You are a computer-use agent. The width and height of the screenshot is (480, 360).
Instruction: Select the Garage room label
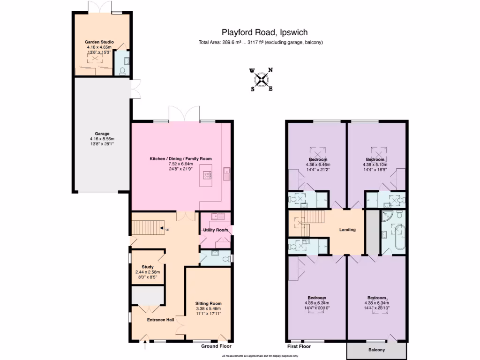pos(102,133)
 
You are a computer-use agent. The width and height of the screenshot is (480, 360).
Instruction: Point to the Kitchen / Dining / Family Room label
pos(180,159)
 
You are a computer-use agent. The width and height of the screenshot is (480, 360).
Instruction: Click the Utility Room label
pos(215,230)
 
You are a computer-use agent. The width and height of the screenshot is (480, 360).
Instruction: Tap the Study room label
pos(148,267)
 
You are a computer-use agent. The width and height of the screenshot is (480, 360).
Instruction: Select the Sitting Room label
pos(208,303)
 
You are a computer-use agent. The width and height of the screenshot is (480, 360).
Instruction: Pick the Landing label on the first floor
pos(347,230)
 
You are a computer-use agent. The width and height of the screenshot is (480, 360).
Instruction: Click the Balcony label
pos(376,350)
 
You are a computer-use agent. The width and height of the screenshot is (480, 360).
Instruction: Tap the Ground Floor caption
pos(217,346)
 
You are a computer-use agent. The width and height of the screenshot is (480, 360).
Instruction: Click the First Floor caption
pos(299,346)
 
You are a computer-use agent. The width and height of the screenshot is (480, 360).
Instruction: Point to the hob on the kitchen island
pos(206,175)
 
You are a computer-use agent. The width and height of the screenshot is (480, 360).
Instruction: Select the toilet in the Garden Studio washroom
pos(123,71)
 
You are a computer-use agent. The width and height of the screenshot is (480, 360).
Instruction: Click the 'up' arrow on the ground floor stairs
pos(165,228)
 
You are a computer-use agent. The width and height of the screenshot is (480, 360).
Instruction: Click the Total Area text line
pos(261,43)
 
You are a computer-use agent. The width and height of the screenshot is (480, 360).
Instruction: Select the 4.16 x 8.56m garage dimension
pos(102,139)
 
